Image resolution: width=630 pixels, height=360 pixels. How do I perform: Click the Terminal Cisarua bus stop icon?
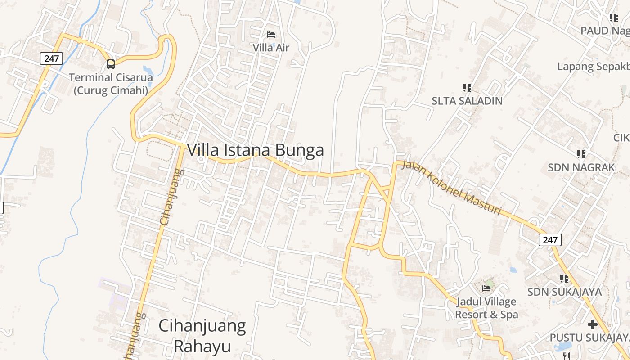[111, 64]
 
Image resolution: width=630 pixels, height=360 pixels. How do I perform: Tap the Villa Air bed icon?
[271, 34]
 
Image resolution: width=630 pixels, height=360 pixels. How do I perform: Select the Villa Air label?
[271, 47]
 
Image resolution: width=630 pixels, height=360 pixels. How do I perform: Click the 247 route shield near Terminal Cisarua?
[52, 58]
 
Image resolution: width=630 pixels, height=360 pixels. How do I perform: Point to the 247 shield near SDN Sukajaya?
[550, 240]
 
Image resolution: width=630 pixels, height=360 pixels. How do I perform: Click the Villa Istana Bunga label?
[255, 150]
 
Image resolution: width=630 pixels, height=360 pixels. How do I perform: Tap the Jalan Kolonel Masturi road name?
[451, 188]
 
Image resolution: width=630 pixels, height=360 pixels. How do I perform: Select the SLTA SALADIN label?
[467, 101]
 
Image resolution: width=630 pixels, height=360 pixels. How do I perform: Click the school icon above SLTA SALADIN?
[467, 87]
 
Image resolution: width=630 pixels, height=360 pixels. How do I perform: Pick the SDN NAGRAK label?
[581, 167]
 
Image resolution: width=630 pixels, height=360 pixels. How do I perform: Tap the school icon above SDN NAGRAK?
[581, 154]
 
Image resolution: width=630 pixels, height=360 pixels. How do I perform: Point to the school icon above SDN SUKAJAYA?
[564, 279]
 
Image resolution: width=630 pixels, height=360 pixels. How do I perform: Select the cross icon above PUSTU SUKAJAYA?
[593, 324]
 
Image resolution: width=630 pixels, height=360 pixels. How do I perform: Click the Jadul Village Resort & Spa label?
[486, 308]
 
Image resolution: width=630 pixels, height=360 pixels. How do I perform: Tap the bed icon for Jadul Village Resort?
[486, 288]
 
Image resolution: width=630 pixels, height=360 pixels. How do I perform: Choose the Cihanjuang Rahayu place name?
[202, 336]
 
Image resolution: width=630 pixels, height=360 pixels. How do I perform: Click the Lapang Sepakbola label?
[593, 67]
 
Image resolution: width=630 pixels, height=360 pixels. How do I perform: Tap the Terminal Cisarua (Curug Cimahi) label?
[111, 84]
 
